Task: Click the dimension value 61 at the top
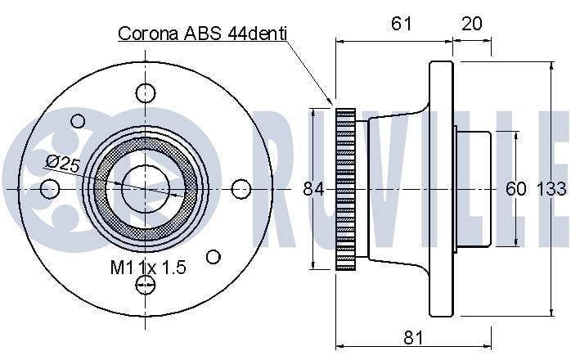point(402,24)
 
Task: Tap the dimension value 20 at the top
point(471,24)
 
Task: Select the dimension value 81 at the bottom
point(413,338)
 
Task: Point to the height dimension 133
point(552,189)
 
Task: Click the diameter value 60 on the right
point(515,189)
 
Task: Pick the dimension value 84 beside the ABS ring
point(313,189)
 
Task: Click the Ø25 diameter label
point(62,163)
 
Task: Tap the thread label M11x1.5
point(148,268)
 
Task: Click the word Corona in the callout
point(148,34)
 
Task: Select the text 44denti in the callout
point(258,34)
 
